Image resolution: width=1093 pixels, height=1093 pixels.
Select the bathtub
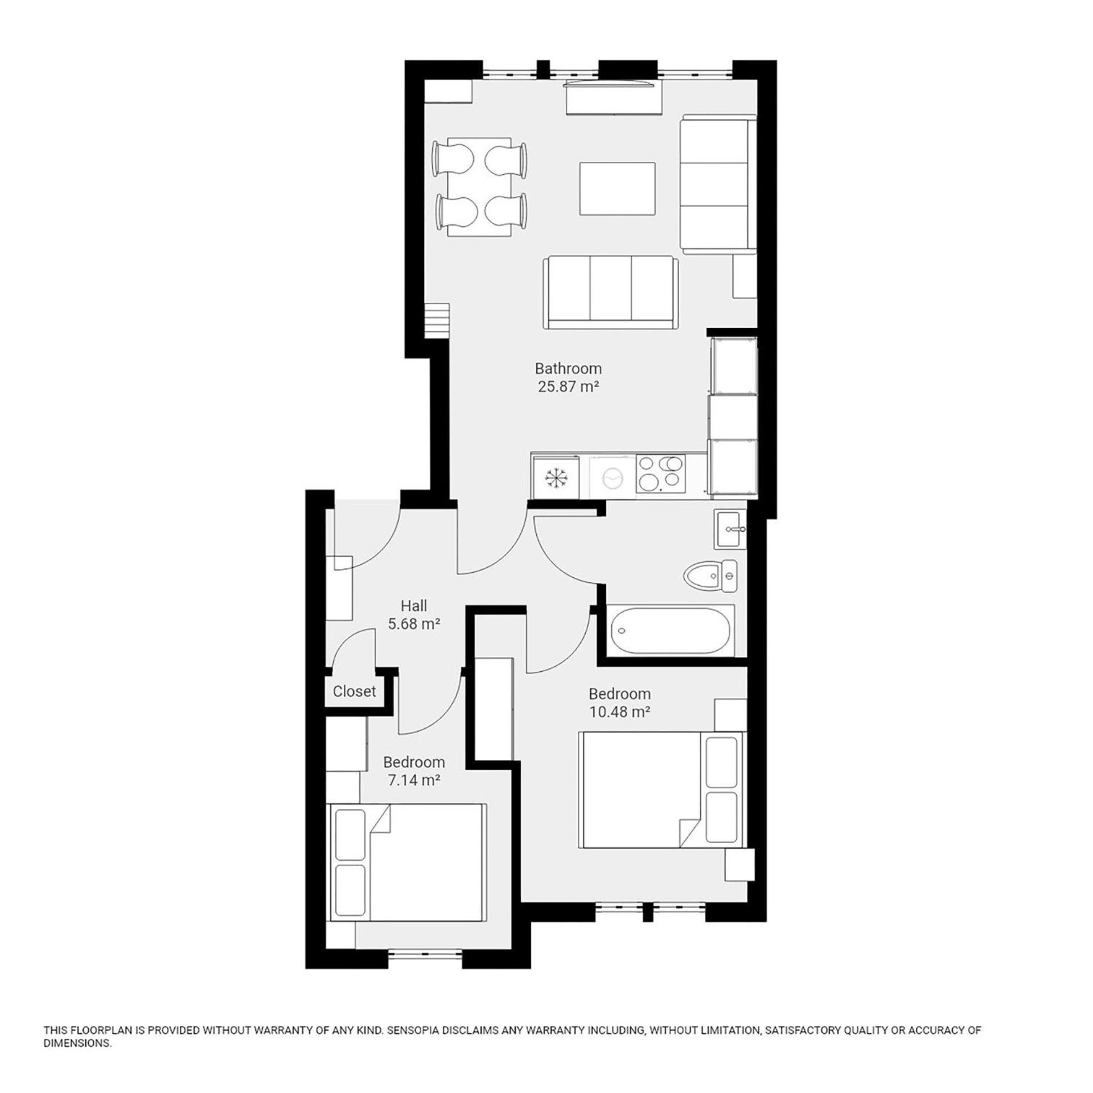(671, 631)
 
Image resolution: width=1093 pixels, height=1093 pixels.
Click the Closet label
(354, 691)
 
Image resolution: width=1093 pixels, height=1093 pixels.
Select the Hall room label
(414, 606)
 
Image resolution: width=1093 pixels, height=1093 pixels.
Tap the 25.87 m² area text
(568, 387)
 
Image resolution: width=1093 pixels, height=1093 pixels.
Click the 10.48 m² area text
(619, 712)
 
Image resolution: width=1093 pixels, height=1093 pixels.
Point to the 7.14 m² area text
(414, 780)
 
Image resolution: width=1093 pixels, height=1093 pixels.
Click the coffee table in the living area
(617, 188)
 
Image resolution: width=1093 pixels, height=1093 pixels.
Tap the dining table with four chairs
(479, 187)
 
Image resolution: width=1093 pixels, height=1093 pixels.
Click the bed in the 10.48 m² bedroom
(661, 790)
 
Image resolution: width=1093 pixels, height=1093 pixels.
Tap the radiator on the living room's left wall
(437, 320)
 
